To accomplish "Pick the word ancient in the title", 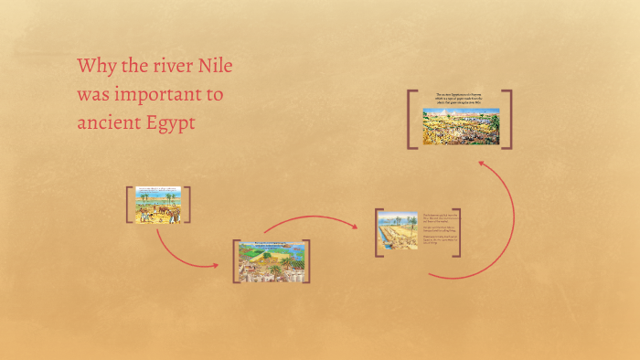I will tap(108, 122).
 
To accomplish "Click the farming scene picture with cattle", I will tap(158, 206).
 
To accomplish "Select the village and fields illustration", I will tap(272, 261).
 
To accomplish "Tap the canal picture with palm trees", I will tap(396, 233).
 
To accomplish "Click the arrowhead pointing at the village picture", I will tap(216, 266).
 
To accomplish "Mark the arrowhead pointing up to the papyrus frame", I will tap(482, 164).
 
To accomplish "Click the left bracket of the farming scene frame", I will tap(129, 205).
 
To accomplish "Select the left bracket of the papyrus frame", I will tap(411, 119).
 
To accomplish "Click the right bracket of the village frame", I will tap(307, 261).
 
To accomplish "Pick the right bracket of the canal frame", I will tap(457, 233).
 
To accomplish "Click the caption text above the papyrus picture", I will tap(461, 99).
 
